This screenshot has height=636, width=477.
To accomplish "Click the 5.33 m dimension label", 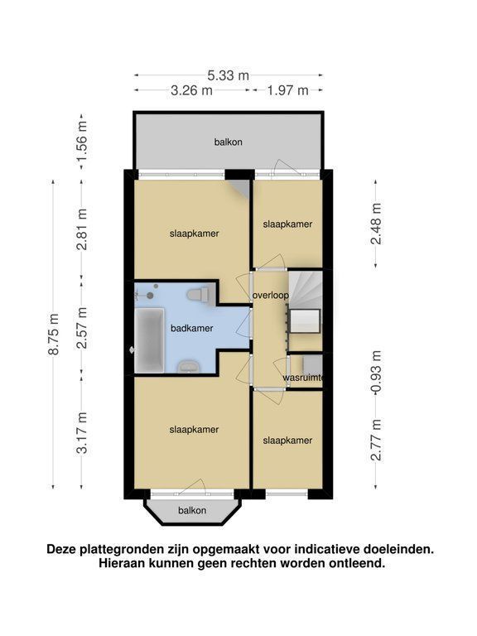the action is point(229,75).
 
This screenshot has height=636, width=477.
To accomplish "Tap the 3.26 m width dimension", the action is point(191,90).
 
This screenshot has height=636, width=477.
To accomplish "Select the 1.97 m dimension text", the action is point(287,90).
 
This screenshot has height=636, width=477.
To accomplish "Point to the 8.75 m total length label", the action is point(54,335).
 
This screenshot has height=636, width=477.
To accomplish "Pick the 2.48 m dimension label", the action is point(376,224).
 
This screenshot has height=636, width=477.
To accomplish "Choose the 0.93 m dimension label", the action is point(376,372).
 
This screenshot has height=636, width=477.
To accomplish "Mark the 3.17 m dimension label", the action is point(82,432).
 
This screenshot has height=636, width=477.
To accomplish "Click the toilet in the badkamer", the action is point(199,294).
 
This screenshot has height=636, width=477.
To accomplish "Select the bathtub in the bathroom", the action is point(150,340).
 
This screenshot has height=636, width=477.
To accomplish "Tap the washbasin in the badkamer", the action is point(189,366).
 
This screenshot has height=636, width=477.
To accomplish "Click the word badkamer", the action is point(192,328).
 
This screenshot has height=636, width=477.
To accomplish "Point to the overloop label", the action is point(271,296).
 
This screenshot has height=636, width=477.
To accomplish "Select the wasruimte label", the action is point(303,378).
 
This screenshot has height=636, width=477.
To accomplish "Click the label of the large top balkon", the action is point(229,142).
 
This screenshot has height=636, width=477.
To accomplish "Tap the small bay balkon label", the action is point(192,510).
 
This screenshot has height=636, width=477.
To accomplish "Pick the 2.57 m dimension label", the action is point(82,328).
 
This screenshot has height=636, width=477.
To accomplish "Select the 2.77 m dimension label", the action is point(376,440).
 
